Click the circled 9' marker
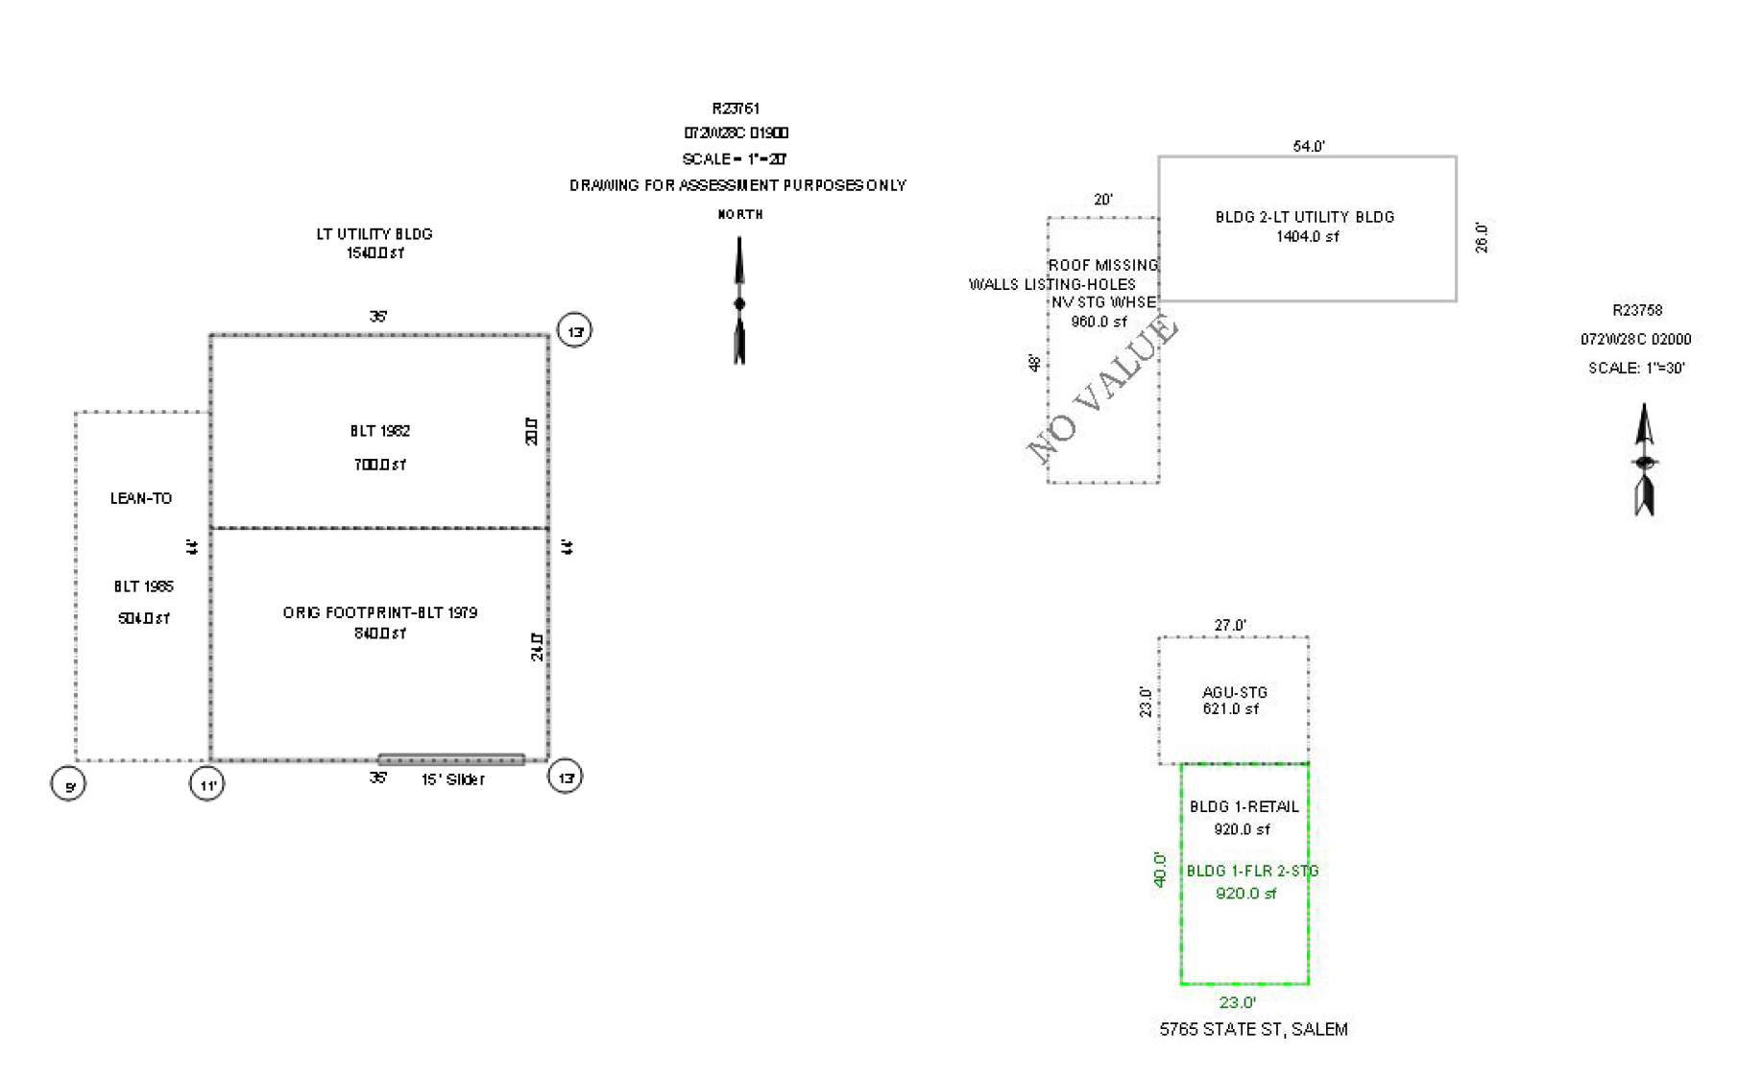tap(68, 784)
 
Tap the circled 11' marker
tap(207, 784)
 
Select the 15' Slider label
tap(452, 779)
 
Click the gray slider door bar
tap(451, 759)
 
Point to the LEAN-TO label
tap(141, 498)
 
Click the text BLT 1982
tap(380, 431)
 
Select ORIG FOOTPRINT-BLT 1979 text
tap(380, 612)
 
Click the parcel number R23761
tap(736, 108)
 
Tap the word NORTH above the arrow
tap(740, 214)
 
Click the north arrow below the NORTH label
tap(739, 301)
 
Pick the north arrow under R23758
tap(1645, 461)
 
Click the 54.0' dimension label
tap(1309, 146)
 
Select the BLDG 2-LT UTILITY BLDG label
tap(1305, 217)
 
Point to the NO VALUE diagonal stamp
tap(1102, 389)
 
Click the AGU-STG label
tap(1235, 692)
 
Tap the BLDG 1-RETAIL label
tap(1244, 806)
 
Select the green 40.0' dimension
tap(1160, 870)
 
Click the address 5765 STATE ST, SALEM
tap(1253, 1029)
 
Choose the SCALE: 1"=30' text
tap(1636, 368)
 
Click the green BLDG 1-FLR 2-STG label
tap(1252, 871)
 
